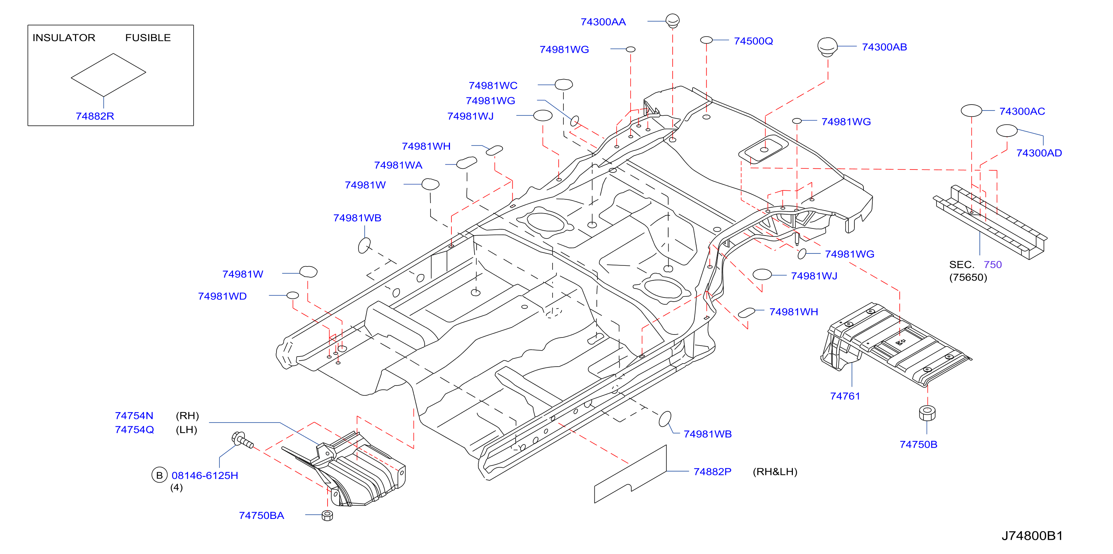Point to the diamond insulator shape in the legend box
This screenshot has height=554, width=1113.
tap(109, 75)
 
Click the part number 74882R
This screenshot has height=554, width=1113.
tap(95, 116)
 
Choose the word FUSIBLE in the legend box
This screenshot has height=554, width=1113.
tap(148, 38)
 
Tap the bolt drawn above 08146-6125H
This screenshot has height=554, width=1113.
tap(243, 440)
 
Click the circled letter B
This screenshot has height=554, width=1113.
tap(159, 475)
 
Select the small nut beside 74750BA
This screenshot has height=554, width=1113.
tap(327, 515)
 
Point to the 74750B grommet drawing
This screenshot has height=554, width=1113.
tap(927, 413)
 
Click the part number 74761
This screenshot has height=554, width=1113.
tap(845, 396)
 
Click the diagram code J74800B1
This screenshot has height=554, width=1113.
tap(1032, 536)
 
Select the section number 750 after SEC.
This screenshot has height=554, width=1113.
tap(992, 264)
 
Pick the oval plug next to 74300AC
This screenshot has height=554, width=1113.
tap(971, 111)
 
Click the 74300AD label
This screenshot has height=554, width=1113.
tap(1039, 153)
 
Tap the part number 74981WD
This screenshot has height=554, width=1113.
tap(222, 296)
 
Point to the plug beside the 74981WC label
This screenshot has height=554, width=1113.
tap(563, 84)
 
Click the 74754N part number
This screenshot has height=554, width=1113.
tap(134, 416)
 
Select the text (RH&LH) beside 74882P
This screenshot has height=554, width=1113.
tap(775, 471)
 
